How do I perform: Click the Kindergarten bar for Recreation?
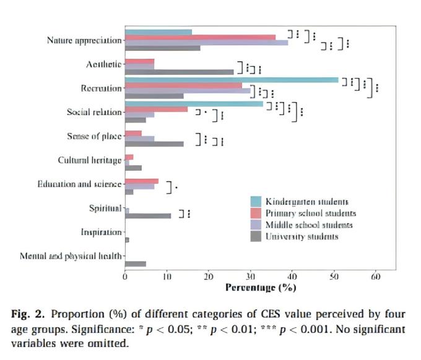point(232,80)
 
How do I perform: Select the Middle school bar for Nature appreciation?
point(206,43)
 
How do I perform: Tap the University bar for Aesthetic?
point(179,72)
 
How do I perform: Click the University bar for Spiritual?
point(147,216)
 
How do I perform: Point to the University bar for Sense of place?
point(154,144)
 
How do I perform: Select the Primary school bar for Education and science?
point(142,181)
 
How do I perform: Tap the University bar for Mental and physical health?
point(135,264)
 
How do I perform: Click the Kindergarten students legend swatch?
point(255,202)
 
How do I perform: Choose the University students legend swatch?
point(255,236)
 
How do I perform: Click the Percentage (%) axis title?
point(261,288)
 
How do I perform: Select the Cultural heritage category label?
point(90,160)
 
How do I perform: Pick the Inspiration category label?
point(101,232)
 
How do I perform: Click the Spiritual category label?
point(105,208)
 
